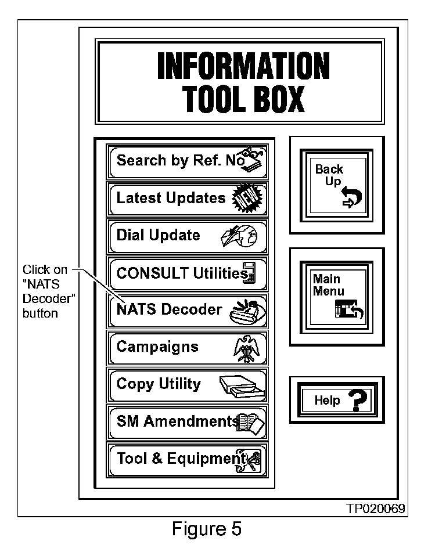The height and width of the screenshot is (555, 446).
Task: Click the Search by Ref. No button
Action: point(188,161)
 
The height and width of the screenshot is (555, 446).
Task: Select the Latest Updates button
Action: point(188,198)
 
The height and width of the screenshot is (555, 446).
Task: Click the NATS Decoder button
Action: point(188,310)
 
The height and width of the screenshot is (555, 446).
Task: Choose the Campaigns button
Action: point(188,347)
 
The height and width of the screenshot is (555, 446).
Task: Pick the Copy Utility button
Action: point(188,384)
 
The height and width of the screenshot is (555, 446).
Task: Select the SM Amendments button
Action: point(188,421)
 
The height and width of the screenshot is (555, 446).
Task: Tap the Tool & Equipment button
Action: point(188,459)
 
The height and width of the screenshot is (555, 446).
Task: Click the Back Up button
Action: point(336,185)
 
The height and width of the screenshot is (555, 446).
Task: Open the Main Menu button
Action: point(336,296)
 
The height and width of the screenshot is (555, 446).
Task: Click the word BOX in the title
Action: point(278,100)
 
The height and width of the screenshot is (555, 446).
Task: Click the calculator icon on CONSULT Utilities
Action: point(250,273)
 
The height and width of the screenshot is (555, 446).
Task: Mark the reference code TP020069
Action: point(376,509)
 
